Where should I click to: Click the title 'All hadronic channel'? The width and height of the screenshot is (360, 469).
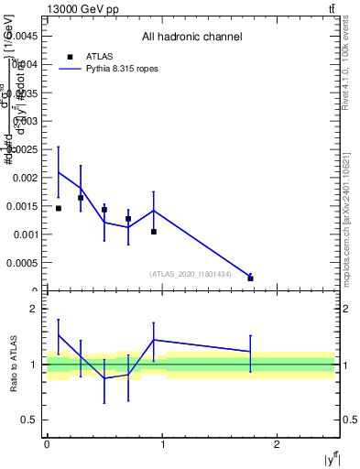(x=191, y=38)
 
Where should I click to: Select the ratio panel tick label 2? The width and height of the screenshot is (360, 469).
(x=33, y=309)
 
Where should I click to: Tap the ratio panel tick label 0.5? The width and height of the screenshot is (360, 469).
(x=29, y=420)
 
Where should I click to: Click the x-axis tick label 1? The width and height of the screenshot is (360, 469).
(x=162, y=444)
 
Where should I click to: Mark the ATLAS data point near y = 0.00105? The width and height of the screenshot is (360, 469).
(x=154, y=232)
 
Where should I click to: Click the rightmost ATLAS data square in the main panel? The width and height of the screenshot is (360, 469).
(x=250, y=278)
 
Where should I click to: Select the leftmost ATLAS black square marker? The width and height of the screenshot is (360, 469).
(x=59, y=208)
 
